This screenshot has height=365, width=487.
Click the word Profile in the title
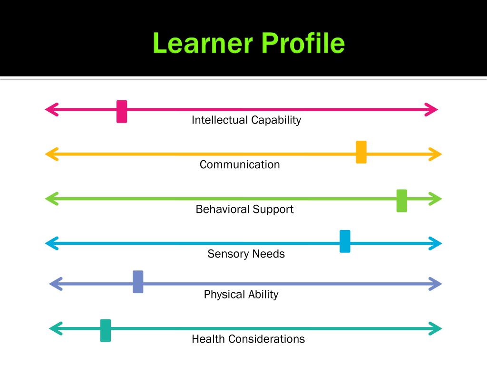(302, 44)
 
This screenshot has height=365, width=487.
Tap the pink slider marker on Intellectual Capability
(122, 111)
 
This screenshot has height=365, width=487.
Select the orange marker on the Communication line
(361, 152)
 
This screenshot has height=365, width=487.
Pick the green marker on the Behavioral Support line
(402, 201)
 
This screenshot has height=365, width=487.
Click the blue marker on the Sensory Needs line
(345, 241)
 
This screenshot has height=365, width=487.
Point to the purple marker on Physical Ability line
(138, 282)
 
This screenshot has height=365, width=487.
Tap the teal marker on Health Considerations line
(106, 330)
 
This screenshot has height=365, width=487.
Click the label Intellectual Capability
(246, 120)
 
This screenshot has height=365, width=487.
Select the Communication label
(240, 165)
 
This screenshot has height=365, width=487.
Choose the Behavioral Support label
(244, 210)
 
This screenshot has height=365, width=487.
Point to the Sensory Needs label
(246, 254)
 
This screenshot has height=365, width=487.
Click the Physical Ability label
(241, 295)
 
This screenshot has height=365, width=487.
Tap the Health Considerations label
(248, 339)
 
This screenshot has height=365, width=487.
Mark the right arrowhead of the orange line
(435, 154)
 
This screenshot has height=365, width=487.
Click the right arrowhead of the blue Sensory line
(435, 243)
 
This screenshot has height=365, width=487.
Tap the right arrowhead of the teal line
(435, 328)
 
